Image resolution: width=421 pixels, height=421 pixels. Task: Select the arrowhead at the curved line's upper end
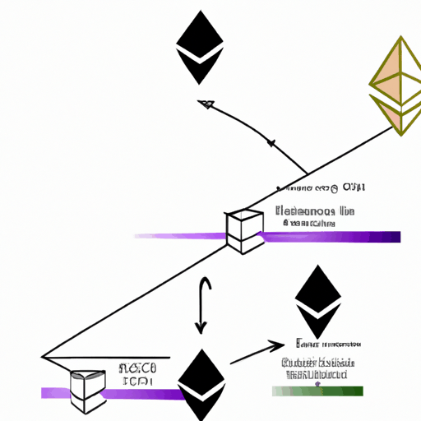[205, 104]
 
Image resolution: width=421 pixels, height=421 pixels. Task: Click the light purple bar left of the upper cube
[181, 237]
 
